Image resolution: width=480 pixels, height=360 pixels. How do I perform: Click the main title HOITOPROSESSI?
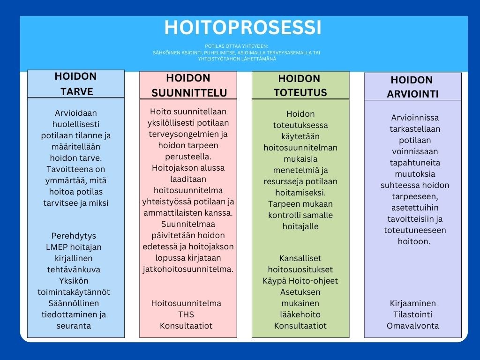pyautogui.click(x=243, y=28)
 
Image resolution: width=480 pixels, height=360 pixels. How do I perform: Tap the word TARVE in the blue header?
pyautogui.click(x=76, y=91)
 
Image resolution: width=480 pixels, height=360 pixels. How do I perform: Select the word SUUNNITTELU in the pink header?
pyautogui.click(x=189, y=93)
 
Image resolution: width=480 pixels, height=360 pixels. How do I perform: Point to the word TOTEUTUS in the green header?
pyautogui.click(x=300, y=92)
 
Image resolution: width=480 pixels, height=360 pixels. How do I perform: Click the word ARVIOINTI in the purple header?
pyautogui.click(x=412, y=94)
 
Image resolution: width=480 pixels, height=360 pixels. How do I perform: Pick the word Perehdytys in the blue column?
pyautogui.click(x=74, y=236)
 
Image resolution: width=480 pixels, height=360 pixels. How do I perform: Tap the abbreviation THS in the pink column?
pyautogui.click(x=186, y=315)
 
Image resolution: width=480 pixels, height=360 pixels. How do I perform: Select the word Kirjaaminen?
pyautogui.click(x=412, y=303)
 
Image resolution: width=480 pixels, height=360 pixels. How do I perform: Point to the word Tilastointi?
pyautogui.click(x=412, y=315)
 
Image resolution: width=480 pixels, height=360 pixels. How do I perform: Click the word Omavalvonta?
pyautogui.click(x=412, y=326)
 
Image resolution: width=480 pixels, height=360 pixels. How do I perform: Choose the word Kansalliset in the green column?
pyautogui.click(x=300, y=258)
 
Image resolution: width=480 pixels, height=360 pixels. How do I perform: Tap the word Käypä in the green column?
pyautogui.click(x=274, y=281)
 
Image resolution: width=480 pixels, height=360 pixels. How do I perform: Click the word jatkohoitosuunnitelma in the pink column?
pyautogui.click(x=188, y=270)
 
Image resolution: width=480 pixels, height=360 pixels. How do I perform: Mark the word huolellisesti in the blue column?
pyautogui.click(x=76, y=124)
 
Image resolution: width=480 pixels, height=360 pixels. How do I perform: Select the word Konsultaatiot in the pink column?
pyautogui.click(x=186, y=326)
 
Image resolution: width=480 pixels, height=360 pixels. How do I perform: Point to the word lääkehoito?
pyautogui.click(x=300, y=315)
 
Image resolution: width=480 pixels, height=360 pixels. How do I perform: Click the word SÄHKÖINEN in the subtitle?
pyautogui.click(x=163, y=52)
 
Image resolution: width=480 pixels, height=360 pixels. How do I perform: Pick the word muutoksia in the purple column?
pyautogui.click(x=415, y=174)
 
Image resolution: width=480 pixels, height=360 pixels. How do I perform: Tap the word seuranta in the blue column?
pyautogui.click(x=74, y=326)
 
